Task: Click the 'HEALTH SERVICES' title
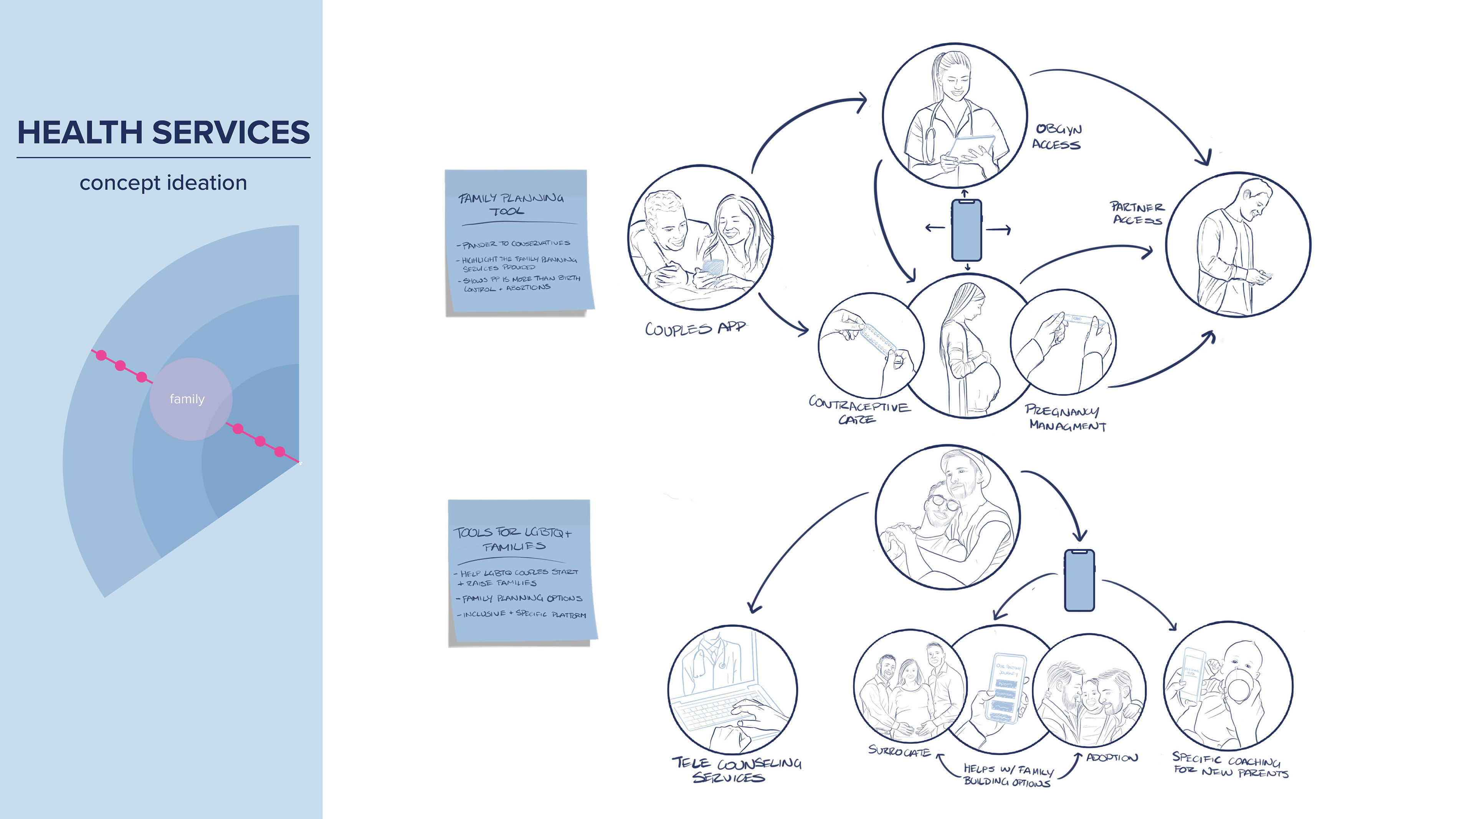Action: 164,133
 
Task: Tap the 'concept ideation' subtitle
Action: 164,183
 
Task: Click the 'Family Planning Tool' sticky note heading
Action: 511,204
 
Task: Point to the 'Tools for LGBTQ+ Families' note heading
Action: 513,539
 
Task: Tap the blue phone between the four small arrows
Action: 967,230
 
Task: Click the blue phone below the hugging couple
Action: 1079,580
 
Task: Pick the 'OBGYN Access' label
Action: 1058,137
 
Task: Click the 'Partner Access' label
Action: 1137,213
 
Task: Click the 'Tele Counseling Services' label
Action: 735,770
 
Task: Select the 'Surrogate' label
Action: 899,751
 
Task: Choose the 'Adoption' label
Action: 1112,758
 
